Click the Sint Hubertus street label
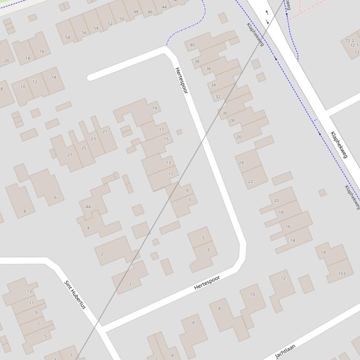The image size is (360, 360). [75, 295]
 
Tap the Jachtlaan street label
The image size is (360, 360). [285, 351]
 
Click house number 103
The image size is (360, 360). [342, 274]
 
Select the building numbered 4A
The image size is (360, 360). [88, 207]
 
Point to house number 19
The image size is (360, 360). [154, 108]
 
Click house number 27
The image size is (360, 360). [70, 155]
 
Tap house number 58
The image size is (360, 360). [67, 37]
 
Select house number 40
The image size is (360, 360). [192, 45]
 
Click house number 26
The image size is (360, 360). [239, 137]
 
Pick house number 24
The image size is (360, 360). [241, 163]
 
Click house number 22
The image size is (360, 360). [250, 181]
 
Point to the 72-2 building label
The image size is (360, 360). [350, 41]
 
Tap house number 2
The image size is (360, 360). [102, 254]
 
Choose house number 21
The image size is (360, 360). [105, 131]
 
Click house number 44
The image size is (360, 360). [164, 7]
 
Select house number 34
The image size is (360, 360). [213, 85]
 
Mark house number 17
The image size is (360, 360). [162, 130]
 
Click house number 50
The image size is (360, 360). [122, 19]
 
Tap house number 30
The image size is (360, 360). [225, 113]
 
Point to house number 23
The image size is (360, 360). [93, 138]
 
